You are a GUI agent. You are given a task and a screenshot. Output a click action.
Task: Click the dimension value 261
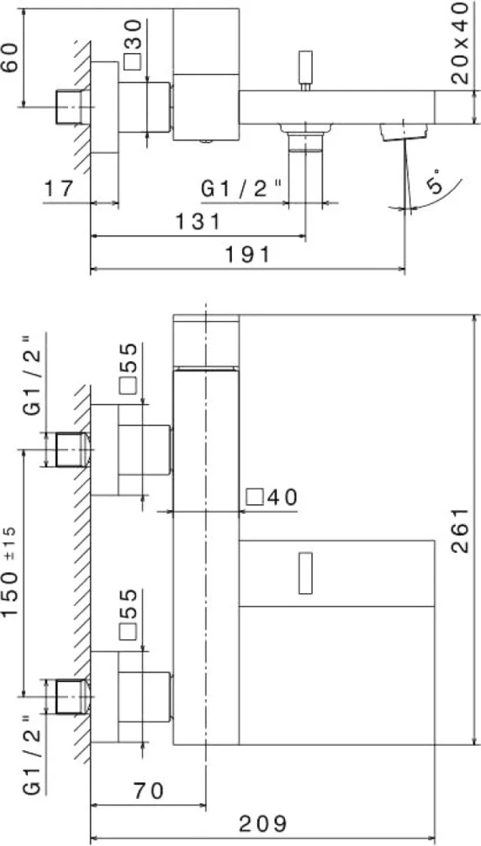click(x=459, y=530)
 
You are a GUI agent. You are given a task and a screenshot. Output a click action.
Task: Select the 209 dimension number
click(x=263, y=824)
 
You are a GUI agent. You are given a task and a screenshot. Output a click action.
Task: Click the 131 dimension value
click(x=198, y=222)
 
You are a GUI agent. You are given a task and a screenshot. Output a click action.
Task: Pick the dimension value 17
click(x=58, y=189)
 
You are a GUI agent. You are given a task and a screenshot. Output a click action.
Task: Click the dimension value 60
click(x=10, y=58)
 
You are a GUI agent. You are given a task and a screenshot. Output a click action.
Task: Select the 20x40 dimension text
click(x=460, y=43)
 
